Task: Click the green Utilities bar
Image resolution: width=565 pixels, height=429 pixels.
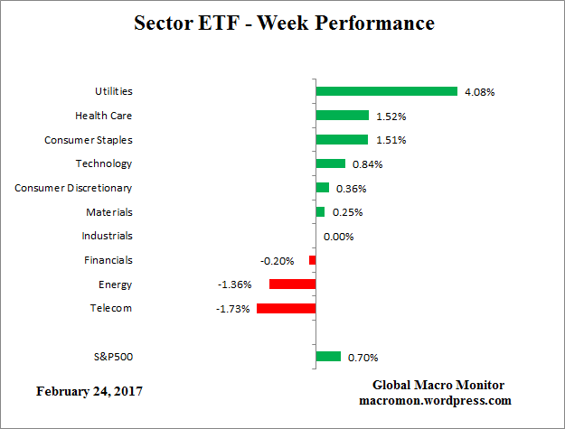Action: [x=386, y=91]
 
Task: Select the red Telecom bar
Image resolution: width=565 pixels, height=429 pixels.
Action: [x=286, y=308]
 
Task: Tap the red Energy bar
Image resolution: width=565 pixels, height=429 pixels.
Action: [x=292, y=284]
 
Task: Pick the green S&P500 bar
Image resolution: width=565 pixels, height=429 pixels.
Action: [x=328, y=357]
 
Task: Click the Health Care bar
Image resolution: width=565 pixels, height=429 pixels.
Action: [x=342, y=116]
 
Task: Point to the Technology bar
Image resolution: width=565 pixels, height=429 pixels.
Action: [x=330, y=163]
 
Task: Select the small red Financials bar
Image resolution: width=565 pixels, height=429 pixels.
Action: [x=312, y=260]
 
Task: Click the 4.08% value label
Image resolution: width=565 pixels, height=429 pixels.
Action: [x=479, y=91]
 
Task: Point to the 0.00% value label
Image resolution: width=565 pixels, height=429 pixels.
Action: [x=338, y=237]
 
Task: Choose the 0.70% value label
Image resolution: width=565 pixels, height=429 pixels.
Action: [x=363, y=357]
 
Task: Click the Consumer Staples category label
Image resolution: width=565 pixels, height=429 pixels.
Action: [x=89, y=140]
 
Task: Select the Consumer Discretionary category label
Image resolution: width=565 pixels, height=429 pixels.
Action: [x=73, y=188]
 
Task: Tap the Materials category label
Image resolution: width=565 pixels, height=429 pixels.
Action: [x=110, y=212]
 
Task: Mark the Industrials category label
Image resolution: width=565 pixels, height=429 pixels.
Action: [x=108, y=236]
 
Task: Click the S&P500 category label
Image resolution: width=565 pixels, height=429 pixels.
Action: [x=112, y=357]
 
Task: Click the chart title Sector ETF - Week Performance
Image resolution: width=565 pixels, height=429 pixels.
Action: [x=283, y=23]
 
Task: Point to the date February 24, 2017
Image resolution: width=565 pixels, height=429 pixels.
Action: [x=89, y=391]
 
